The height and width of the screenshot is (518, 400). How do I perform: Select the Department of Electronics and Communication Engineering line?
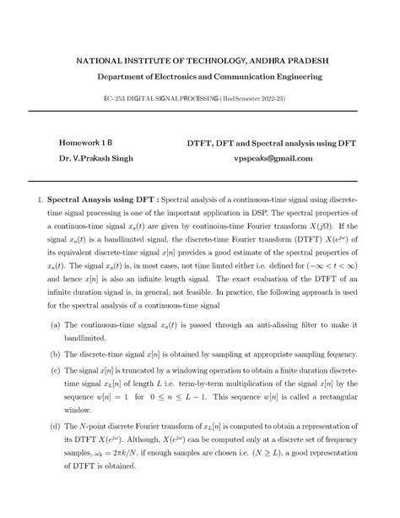(x=199, y=78)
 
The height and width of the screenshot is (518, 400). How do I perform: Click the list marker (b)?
(x=55, y=379)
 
